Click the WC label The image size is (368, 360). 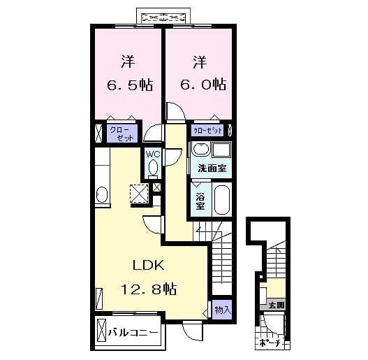click(x=152, y=155)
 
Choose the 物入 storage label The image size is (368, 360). click(x=222, y=309)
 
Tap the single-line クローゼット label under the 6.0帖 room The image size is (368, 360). click(x=208, y=131)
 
